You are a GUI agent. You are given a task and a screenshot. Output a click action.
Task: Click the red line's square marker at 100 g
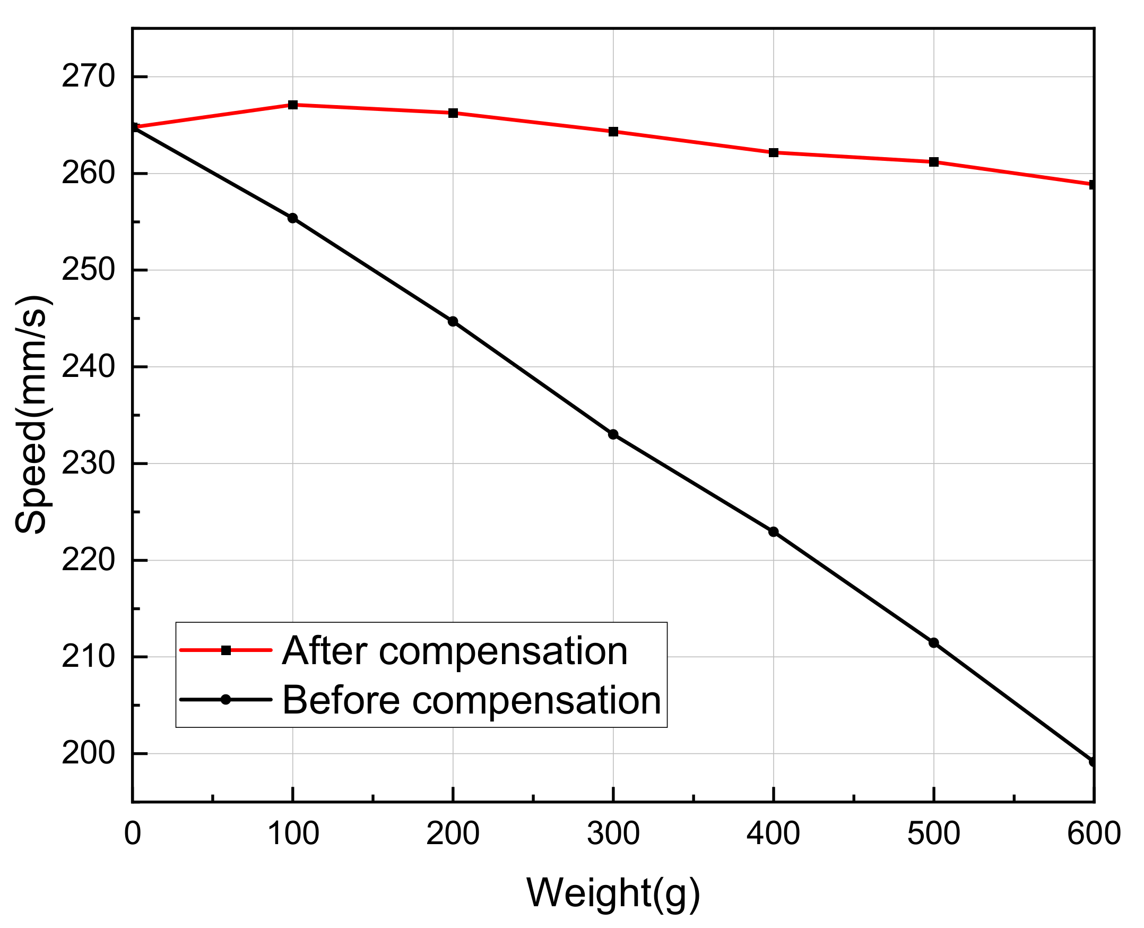(292, 105)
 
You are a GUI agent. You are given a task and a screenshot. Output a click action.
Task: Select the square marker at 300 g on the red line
(613, 132)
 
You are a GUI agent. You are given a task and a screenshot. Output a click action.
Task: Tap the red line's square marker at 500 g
(933, 162)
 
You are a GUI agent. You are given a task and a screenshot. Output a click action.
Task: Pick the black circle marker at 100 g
(292, 218)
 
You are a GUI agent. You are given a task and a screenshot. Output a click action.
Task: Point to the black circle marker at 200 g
(453, 321)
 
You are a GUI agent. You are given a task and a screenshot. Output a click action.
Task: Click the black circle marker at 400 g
(773, 532)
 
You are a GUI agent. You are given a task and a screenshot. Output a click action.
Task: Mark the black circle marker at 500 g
(933, 642)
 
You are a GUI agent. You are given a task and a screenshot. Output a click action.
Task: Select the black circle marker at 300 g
(613, 434)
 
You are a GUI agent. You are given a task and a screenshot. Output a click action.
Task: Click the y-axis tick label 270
(88, 76)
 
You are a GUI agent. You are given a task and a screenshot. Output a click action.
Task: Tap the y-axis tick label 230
(88, 463)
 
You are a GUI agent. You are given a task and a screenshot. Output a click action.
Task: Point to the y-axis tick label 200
(88, 753)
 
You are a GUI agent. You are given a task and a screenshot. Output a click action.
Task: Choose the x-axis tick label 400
(773, 834)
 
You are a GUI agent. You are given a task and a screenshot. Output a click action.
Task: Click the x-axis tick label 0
(133, 834)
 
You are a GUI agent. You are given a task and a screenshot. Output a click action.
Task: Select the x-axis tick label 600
(1093, 834)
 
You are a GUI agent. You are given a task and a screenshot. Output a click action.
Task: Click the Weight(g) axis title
(613, 893)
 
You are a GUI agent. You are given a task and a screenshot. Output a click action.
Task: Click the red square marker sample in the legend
(226, 650)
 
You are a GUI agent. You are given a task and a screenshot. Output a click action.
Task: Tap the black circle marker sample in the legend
(226, 699)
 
